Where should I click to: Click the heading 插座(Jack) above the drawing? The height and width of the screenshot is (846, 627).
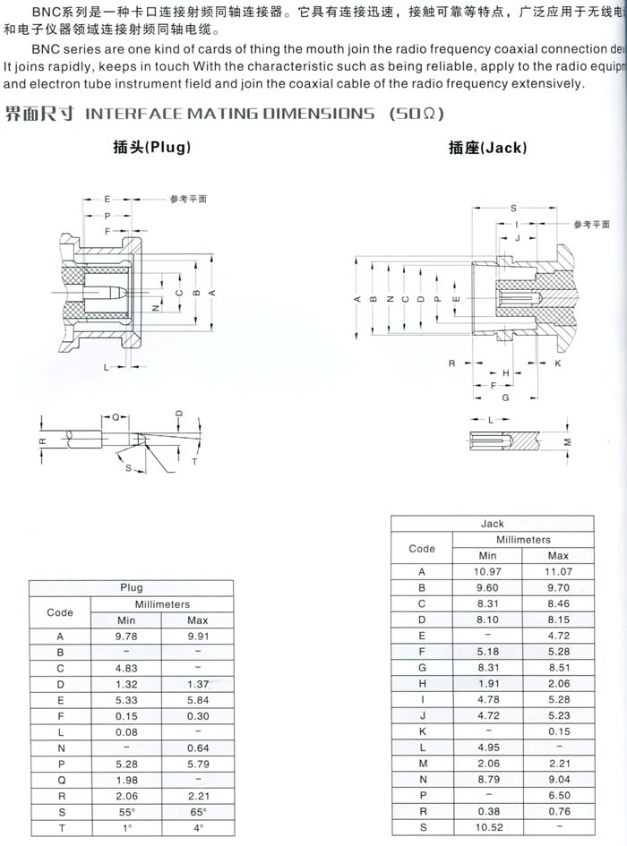[487, 149]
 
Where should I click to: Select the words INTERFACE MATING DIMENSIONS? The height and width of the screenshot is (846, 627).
[229, 113]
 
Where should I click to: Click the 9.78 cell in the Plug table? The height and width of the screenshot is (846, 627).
[127, 637]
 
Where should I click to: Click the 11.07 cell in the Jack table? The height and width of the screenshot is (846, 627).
[558, 571]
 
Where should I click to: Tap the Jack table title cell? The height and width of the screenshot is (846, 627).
[493, 524]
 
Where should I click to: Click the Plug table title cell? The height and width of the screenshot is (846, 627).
[132, 588]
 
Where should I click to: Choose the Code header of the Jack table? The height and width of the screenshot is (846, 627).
[422, 548]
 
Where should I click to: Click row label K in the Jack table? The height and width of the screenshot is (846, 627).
[422, 731]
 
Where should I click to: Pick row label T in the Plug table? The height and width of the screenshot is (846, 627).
[60, 829]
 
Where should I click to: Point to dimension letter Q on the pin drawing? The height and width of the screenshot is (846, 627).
[116, 417]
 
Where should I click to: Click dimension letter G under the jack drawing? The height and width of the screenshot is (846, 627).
[505, 397]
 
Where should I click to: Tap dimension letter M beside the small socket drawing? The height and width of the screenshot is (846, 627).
[566, 442]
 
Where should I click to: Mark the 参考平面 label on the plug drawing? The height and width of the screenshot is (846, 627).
[188, 198]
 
